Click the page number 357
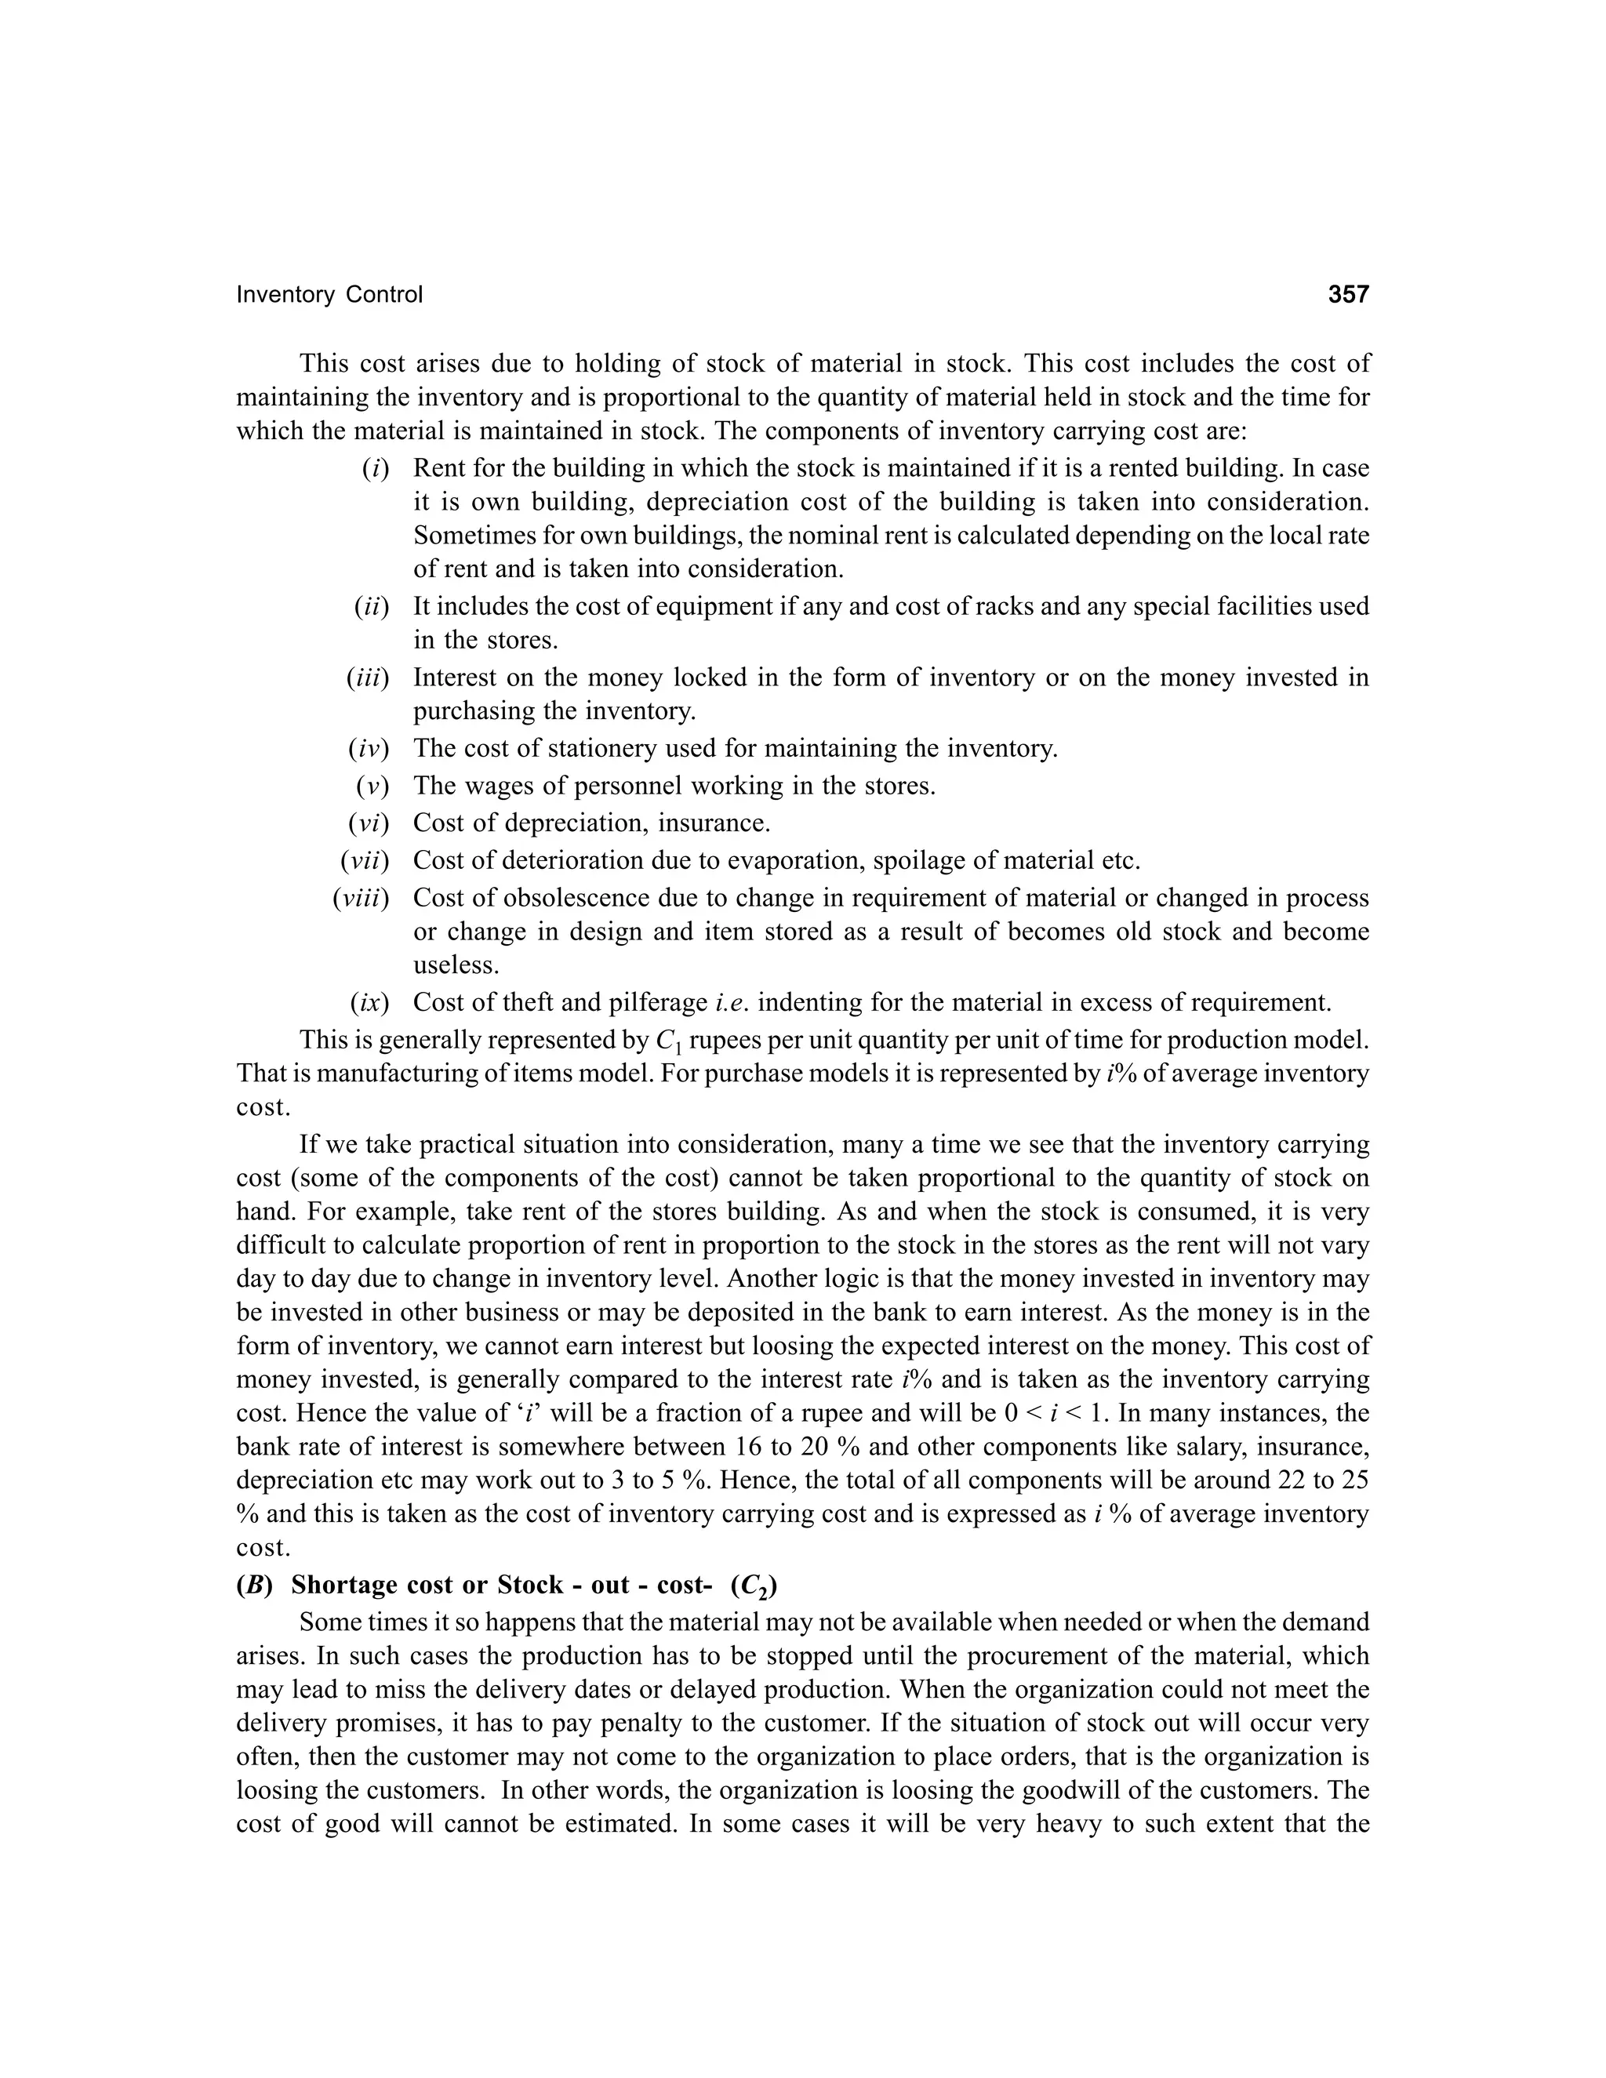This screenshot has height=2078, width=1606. [x=1347, y=294]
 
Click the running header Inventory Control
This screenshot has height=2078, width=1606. [x=329, y=295]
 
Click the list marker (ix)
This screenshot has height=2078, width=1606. [x=369, y=1002]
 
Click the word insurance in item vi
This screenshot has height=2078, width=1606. [x=713, y=823]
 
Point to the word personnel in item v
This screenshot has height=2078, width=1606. [x=617, y=786]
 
